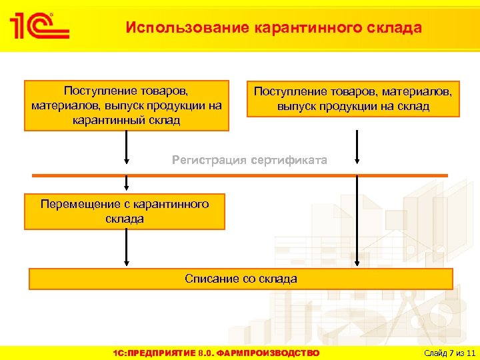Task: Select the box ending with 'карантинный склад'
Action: coord(127,105)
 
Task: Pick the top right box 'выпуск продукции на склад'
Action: coord(353,99)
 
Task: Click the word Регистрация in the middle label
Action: coord(207,160)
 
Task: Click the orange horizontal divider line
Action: coord(240,175)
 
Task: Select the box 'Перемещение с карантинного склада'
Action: coord(125,211)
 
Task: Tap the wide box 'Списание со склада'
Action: coord(241,279)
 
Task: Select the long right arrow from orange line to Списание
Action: coord(358,220)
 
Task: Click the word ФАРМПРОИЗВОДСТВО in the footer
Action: coord(273,353)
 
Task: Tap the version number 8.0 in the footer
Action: coord(207,353)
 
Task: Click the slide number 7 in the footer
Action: coord(452,353)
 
